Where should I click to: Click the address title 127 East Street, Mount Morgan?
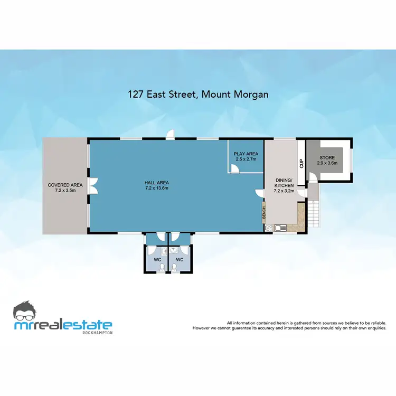198,95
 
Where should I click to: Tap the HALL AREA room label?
157,185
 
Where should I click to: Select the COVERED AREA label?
65,187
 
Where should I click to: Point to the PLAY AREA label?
245,156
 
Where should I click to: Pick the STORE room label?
327,160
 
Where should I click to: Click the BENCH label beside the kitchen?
263,213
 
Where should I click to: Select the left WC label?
157,260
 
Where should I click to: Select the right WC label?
180,260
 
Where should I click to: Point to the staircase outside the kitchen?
314,213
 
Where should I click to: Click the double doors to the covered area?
93,186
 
